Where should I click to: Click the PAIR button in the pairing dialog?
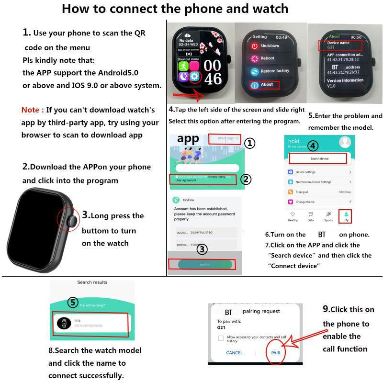pyautogui.click(x=276, y=353)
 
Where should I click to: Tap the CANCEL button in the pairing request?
pyautogui.click(x=235, y=353)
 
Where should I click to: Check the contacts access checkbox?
pyautogui.click(x=221, y=338)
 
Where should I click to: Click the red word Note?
pyautogui.click(x=30, y=110)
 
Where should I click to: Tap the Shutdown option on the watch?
pyautogui.click(x=269, y=46)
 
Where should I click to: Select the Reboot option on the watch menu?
pyautogui.click(x=267, y=58)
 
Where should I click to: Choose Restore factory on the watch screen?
pyautogui.click(x=274, y=71)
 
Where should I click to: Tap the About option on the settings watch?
pyautogui.click(x=267, y=85)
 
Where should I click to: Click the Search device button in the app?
pyautogui.click(x=319, y=158)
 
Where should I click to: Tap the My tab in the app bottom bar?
pyautogui.click(x=346, y=216)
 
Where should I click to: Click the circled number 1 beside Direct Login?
pyautogui.click(x=250, y=143)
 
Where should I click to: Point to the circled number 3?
pyautogui.click(x=202, y=249)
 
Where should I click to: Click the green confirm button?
pyautogui.click(x=204, y=265)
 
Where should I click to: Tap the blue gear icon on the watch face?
pyautogui.click(x=194, y=77)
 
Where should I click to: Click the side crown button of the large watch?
pyautogui.click(x=72, y=221)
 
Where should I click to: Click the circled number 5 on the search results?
pyautogui.click(x=72, y=303)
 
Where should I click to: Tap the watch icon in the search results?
pyautogui.click(x=63, y=324)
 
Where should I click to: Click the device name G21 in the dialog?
pyautogui.click(x=221, y=328)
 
